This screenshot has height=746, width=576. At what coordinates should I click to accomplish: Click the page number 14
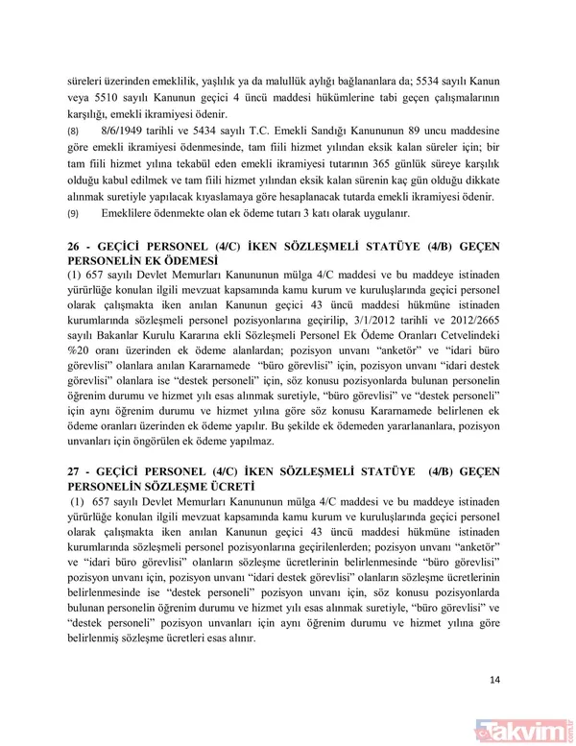tap(494, 681)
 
